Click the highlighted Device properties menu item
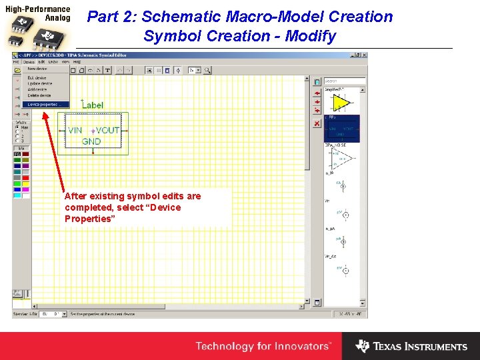43,104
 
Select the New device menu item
37,69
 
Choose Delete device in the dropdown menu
39,95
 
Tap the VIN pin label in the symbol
75,131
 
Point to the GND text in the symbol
91,141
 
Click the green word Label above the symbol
92,105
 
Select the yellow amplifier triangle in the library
341,103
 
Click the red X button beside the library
317,124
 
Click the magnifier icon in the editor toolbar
207,69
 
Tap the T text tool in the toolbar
107,69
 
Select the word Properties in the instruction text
88,219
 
